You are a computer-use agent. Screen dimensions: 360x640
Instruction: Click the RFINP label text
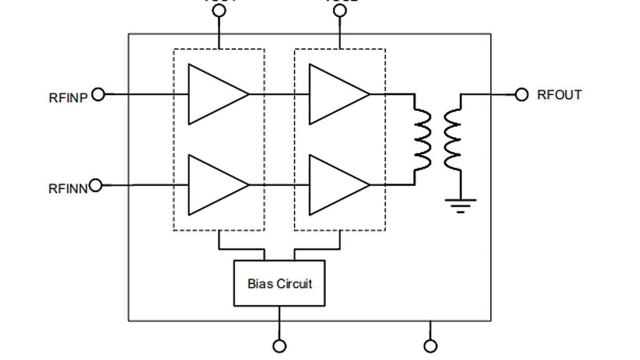tap(68, 98)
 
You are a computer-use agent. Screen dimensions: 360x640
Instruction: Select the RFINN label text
tap(68, 189)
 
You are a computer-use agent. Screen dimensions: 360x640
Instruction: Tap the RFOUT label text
tap(559, 95)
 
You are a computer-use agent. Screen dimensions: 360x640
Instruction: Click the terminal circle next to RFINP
tap(98, 94)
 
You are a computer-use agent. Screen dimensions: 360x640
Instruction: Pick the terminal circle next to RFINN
tap(95, 185)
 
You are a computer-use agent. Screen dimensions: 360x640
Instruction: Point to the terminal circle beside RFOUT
tap(522, 95)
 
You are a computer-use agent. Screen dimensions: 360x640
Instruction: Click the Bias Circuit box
tap(279, 283)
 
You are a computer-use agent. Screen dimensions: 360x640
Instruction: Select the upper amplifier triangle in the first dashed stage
tap(213, 94)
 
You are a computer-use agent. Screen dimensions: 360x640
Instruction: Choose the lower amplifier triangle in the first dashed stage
tap(213, 185)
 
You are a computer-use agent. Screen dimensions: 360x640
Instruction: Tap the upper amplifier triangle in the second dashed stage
tap(334, 94)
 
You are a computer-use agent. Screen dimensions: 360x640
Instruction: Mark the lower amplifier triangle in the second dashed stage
tap(334, 185)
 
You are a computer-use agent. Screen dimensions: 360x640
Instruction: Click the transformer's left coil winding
tap(423, 140)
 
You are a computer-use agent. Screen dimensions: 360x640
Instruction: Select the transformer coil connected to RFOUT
tap(452, 140)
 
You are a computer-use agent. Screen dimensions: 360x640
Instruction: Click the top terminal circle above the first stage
tap(219, 12)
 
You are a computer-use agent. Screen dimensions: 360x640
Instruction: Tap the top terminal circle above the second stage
tap(340, 12)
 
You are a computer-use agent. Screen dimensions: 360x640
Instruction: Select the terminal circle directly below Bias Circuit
tap(279, 346)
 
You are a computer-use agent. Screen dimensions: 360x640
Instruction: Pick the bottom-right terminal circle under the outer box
tap(430, 346)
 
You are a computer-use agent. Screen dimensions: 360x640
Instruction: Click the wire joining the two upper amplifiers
tap(279, 94)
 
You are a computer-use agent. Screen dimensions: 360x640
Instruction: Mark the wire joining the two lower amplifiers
tap(279, 185)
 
